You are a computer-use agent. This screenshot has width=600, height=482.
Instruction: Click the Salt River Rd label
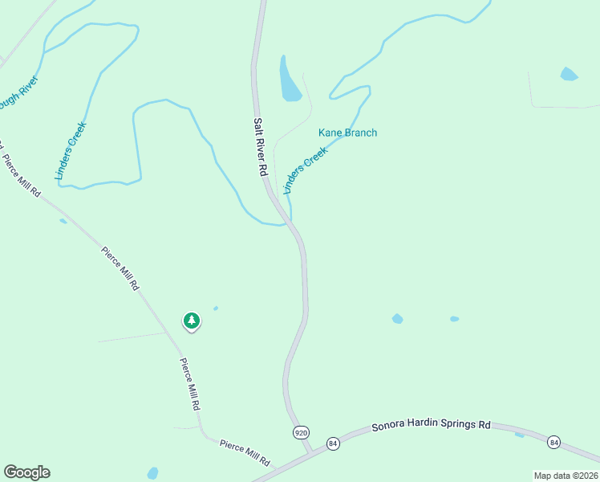260,148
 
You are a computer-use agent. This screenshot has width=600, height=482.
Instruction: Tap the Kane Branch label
347,133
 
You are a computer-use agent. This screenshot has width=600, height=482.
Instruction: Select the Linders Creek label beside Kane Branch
306,170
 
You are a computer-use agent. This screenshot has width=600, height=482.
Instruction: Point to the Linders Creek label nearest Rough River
71,150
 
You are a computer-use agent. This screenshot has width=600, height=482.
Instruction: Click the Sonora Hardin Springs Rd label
431,425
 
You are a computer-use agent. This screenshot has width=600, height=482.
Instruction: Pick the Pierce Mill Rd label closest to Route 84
245,451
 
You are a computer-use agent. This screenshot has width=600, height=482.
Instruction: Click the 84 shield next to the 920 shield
333,443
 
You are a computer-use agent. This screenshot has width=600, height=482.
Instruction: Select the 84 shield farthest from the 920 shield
553,442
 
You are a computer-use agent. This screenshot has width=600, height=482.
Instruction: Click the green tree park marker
191,321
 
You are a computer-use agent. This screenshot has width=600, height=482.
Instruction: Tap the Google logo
26,472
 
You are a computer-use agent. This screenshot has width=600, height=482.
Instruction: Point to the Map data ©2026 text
566,476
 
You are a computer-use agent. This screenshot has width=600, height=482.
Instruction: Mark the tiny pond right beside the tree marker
216,308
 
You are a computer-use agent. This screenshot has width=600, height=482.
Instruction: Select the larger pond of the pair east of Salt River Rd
397,319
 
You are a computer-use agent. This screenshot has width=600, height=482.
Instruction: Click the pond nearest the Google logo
152,473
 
